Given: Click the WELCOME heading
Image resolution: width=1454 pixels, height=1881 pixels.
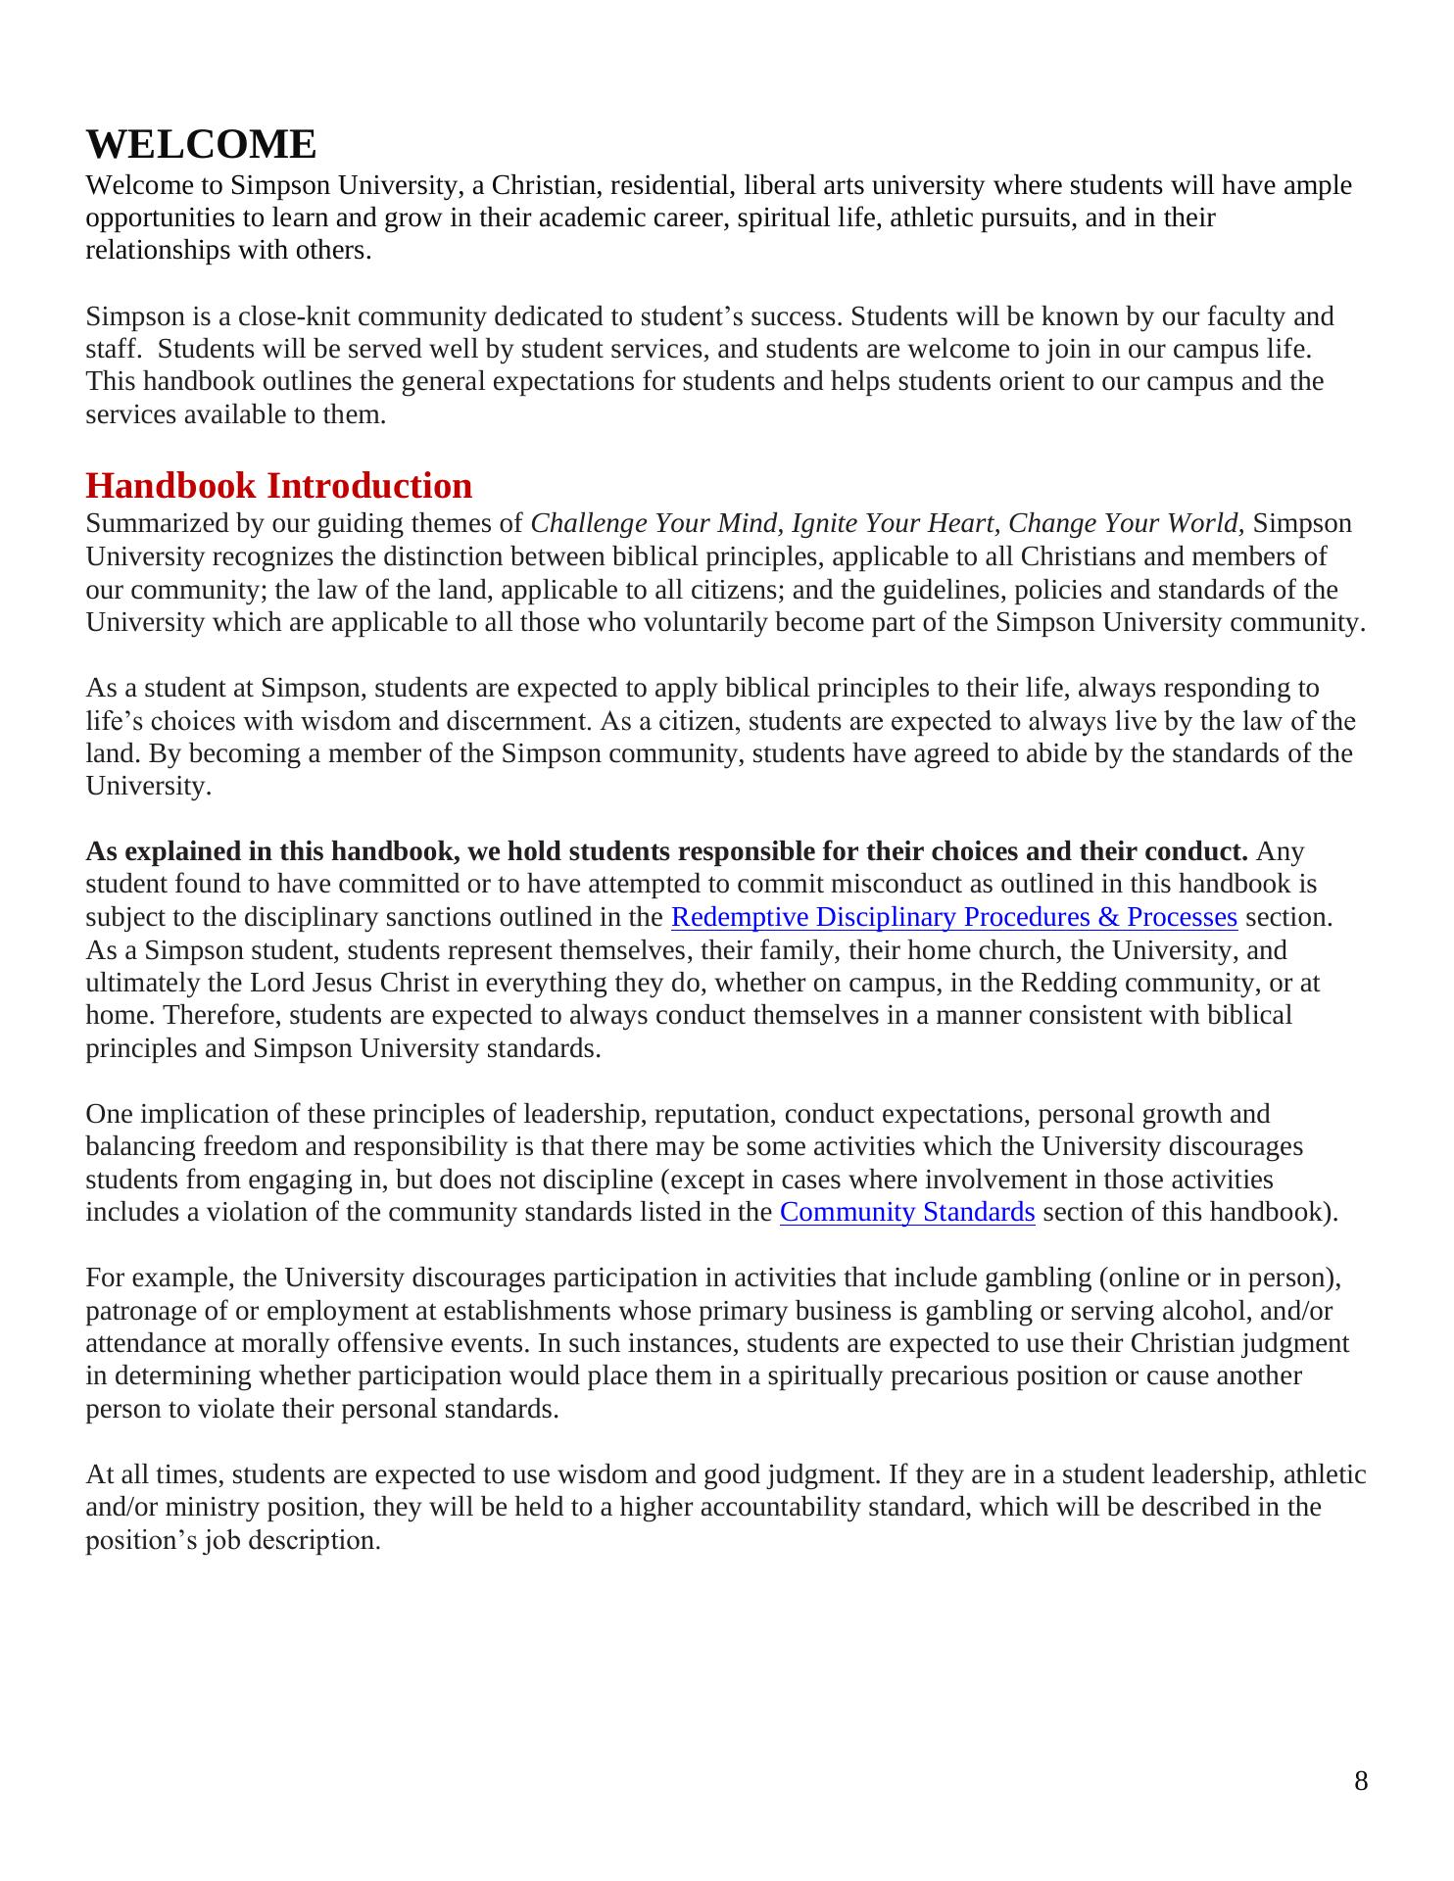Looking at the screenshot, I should pos(201,145).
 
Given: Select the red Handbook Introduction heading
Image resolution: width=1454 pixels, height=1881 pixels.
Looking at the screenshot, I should pos(278,486).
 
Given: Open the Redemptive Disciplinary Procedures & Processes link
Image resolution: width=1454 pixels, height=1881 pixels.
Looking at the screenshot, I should pos(953,918).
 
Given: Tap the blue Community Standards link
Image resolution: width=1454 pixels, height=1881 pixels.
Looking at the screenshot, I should pos(906,1213).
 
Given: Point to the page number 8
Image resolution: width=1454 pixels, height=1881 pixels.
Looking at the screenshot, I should pos(1361,1781).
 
